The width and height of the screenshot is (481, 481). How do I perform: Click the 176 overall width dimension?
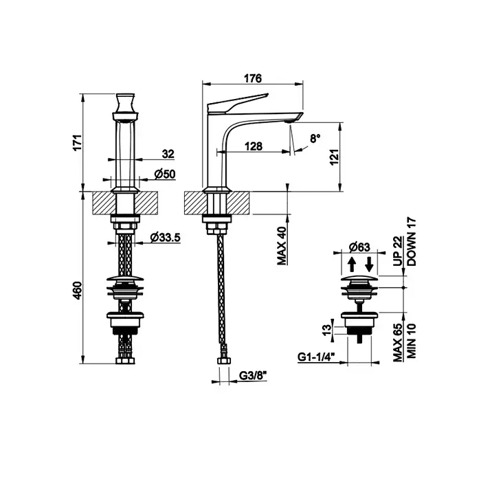click(x=253, y=78)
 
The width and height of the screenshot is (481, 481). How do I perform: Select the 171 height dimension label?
click(x=78, y=142)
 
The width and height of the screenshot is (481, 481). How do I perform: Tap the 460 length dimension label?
click(x=78, y=290)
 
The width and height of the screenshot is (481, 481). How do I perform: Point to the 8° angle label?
click(x=315, y=138)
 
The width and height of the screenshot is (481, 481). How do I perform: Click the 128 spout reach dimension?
click(x=254, y=146)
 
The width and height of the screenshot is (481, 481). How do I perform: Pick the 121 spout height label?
click(x=335, y=157)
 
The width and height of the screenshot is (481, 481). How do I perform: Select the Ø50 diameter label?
click(x=165, y=175)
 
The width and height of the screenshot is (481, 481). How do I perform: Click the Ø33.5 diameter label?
click(x=165, y=237)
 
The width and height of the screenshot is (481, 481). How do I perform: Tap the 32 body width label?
click(x=168, y=154)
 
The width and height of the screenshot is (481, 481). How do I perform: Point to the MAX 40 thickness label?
click(x=281, y=246)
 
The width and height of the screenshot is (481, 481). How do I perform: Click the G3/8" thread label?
click(x=253, y=376)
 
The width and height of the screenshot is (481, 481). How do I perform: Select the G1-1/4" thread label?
click(x=316, y=357)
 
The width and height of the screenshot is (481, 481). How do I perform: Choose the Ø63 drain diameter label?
click(x=359, y=247)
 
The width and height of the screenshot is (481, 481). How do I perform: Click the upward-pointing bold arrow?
click(x=352, y=264)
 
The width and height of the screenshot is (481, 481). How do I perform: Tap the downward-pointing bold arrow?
click(x=370, y=264)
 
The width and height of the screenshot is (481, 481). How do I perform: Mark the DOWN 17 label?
click(x=412, y=242)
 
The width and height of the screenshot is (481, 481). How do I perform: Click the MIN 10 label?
click(x=411, y=341)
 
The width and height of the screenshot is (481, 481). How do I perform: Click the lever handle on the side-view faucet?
click(x=238, y=103)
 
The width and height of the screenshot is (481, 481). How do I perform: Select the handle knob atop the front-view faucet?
click(x=125, y=106)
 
